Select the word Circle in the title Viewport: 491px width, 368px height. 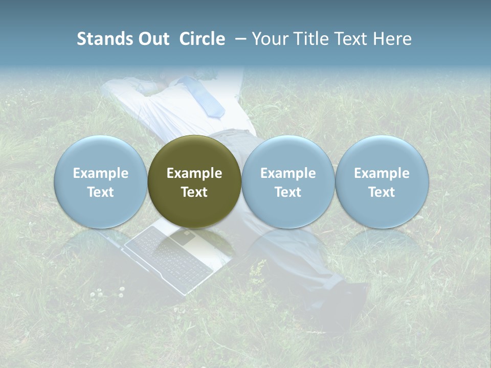point(202,39)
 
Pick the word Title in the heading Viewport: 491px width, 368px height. point(308,39)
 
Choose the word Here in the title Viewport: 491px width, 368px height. point(390,39)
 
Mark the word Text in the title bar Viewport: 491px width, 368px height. point(348,39)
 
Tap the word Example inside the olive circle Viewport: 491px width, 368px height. point(194,173)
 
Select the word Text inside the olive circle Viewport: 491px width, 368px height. point(194,192)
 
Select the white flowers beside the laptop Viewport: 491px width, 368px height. point(107,292)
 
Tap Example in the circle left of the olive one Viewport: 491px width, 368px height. point(101,173)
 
